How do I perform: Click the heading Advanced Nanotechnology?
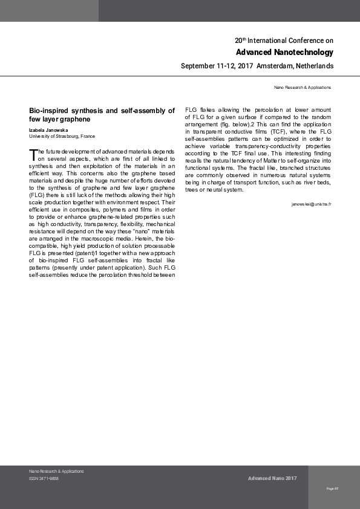tap(284, 52)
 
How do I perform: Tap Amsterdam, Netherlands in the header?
tap(295, 65)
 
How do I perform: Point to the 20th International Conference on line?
tap(284, 41)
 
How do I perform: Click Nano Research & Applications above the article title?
tap(303, 88)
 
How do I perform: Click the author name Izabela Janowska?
tap(48, 130)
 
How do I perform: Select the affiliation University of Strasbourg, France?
tap(62, 136)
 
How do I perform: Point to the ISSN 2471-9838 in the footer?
tap(44, 478)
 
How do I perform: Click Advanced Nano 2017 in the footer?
tap(272, 478)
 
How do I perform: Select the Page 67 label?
tap(332, 488)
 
